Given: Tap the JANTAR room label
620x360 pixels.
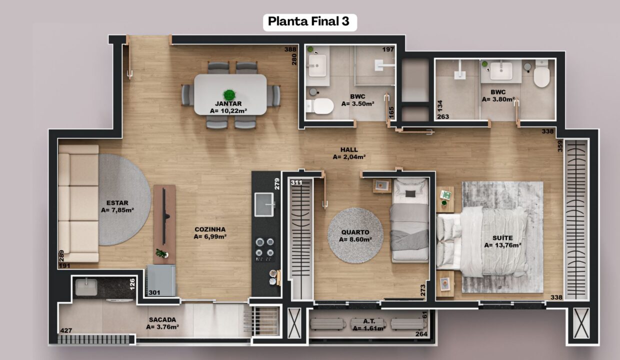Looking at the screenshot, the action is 228,104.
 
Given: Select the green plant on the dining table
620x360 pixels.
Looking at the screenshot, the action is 229,95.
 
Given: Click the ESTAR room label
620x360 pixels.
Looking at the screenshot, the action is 117,203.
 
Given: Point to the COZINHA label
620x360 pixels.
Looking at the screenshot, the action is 210,229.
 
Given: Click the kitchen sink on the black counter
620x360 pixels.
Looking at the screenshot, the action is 264,204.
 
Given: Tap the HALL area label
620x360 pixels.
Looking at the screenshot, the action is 349,149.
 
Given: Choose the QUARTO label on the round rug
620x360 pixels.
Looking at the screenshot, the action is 355,232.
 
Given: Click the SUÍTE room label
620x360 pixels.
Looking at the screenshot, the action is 502,238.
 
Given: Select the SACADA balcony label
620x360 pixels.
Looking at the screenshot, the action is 162,320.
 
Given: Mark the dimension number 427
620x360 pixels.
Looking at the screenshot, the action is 66,330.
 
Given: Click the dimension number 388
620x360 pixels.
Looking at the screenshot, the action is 290,49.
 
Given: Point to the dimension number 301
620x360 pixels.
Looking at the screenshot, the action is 154,292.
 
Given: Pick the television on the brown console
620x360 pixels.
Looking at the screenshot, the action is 165,216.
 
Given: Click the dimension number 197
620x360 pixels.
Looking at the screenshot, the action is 388,49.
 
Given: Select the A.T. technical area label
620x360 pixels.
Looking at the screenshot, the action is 369,321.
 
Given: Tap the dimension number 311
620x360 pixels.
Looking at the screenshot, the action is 296,182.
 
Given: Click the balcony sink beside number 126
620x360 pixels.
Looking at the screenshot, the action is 86,287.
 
